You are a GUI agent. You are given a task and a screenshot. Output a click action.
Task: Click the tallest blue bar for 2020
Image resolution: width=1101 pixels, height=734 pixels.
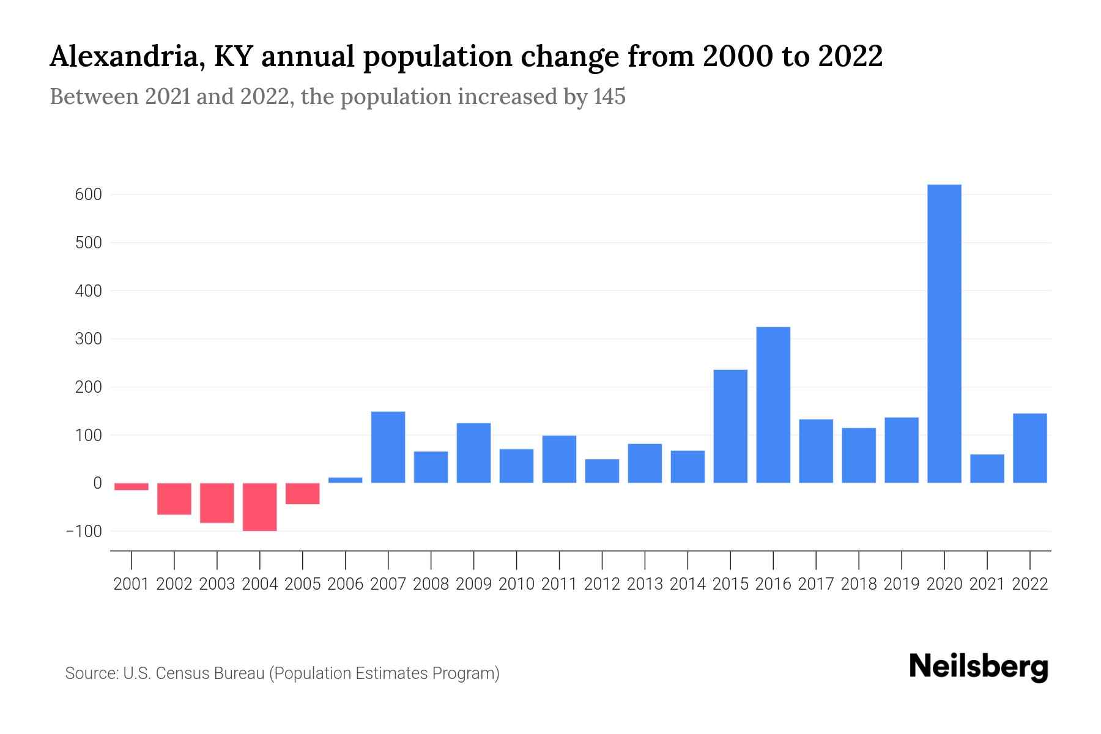(x=944, y=333)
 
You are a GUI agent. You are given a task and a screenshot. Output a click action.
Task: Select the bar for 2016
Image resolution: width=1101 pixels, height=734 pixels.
(x=773, y=405)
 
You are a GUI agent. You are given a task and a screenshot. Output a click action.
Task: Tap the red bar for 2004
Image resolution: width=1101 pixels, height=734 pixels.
(x=260, y=507)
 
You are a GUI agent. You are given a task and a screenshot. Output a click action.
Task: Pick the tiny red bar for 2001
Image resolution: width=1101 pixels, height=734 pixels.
(x=132, y=487)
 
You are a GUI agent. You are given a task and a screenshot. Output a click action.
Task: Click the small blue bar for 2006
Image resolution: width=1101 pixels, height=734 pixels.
(x=346, y=480)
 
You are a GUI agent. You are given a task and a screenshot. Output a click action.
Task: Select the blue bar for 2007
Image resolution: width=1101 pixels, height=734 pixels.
(x=388, y=447)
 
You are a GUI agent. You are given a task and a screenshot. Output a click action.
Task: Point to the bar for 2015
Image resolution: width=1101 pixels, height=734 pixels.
(x=730, y=426)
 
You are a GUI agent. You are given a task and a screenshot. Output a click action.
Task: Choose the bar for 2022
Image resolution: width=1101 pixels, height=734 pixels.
(x=1029, y=448)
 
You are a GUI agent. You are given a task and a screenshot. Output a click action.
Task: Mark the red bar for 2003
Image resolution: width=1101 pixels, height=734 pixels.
(x=217, y=503)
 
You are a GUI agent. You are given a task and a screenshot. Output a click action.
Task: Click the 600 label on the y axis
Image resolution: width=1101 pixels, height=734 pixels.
(x=89, y=195)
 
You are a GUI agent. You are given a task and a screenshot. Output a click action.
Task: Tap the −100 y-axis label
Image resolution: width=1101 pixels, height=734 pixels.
(x=84, y=531)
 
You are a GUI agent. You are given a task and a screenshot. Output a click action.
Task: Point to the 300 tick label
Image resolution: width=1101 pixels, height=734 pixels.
(x=89, y=339)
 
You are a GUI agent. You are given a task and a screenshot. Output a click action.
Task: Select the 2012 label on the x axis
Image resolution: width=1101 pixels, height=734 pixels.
(x=602, y=584)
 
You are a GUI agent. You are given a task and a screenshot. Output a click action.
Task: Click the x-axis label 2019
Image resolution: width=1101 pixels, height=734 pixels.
(x=902, y=584)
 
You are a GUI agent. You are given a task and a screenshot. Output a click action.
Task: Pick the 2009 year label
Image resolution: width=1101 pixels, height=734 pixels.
(x=474, y=584)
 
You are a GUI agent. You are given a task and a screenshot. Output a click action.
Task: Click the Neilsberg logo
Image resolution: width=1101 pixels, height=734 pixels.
(x=979, y=667)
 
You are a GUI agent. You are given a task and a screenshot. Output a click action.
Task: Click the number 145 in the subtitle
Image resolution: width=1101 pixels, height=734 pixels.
(x=609, y=97)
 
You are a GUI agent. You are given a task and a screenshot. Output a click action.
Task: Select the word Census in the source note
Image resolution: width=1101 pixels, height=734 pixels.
(x=181, y=673)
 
